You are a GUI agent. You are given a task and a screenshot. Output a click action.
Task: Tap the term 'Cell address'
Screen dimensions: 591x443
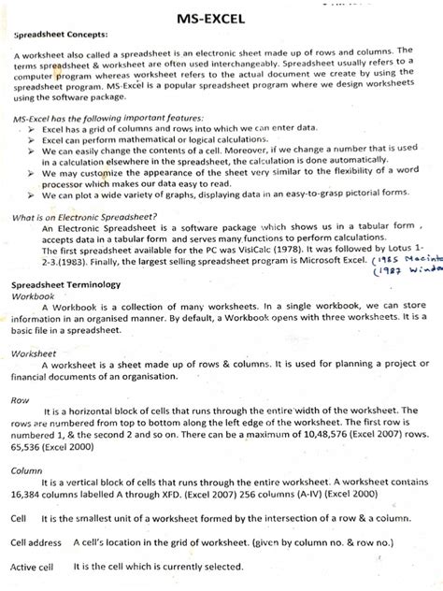(36, 541)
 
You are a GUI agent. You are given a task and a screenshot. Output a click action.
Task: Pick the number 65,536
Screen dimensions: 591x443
(29, 463)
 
